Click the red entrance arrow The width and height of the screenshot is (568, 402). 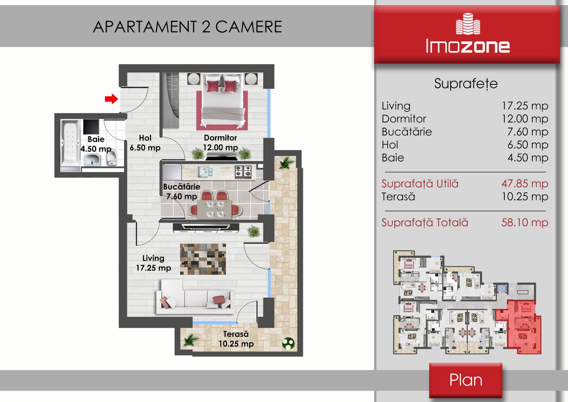(111, 99)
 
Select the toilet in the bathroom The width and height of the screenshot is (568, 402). (112, 157)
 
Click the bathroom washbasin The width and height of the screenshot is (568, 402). (92, 160)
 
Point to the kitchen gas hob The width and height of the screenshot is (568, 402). (243, 172)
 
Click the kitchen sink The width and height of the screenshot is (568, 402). (205, 172)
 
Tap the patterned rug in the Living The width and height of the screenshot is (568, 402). (203, 259)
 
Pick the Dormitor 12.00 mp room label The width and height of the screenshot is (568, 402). (220, 143)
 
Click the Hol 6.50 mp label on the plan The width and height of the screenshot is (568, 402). (145, 143)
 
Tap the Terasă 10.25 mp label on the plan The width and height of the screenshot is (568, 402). (236, 339)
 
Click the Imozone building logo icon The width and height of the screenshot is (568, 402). (468, 23)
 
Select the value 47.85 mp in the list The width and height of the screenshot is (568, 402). (525, 184)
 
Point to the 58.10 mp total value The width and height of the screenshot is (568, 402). (525, 223)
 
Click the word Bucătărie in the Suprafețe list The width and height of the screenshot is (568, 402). (407, 131)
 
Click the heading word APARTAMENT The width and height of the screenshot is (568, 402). (145, 27)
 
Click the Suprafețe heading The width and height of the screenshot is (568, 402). (466, 84)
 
